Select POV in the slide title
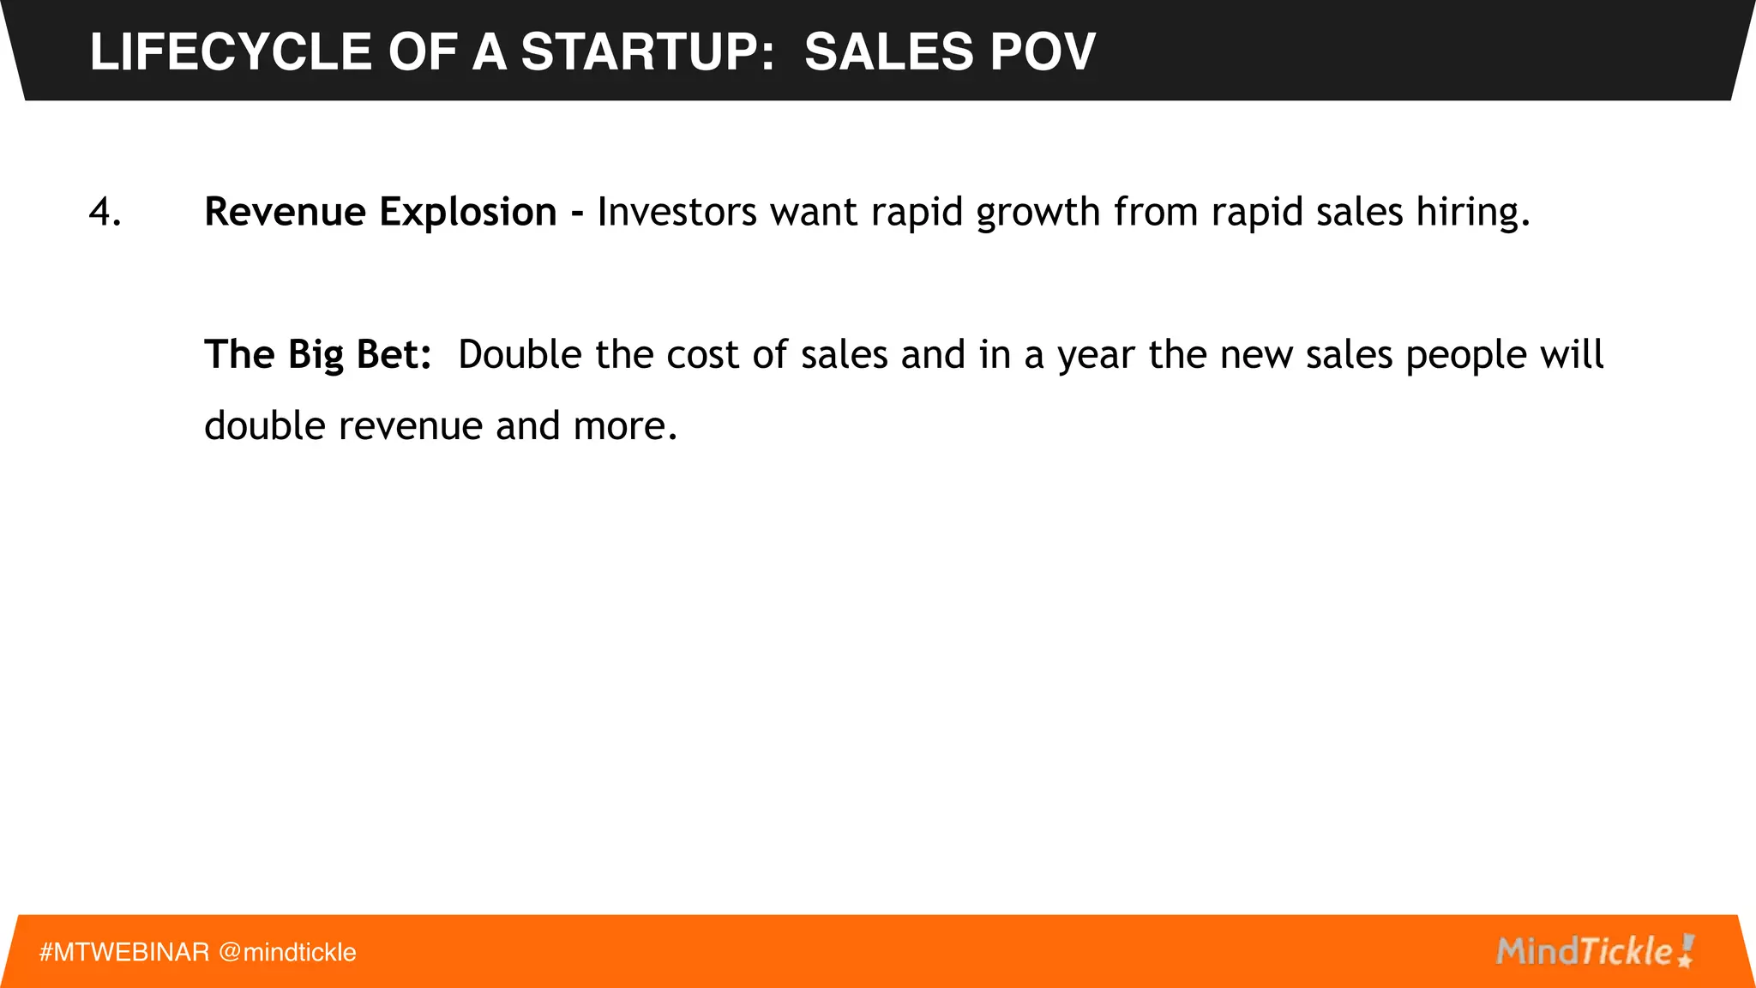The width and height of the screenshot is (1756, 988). tap(1043, 51)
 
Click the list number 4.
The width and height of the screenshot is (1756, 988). tap(105, 212)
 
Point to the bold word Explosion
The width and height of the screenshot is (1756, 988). tap(468, 212)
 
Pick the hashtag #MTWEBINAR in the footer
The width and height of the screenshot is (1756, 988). tap(124, 952)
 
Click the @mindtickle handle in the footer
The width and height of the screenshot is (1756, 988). tap(287, 952)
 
